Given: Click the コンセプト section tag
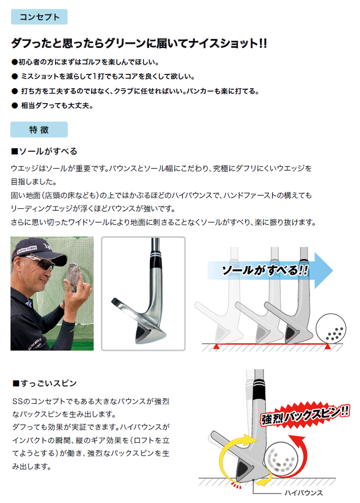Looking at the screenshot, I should pos(39,17).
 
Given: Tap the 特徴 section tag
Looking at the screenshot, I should pos(39,130).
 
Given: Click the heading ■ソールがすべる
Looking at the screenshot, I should pos(44,151).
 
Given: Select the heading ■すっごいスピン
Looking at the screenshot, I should pos(44,383).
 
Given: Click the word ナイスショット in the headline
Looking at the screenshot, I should pos(225,44).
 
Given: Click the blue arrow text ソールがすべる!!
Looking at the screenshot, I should pos(264,270).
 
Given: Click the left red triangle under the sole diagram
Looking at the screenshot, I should pos(217,346).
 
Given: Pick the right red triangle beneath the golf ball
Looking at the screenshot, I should pos(327,346).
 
